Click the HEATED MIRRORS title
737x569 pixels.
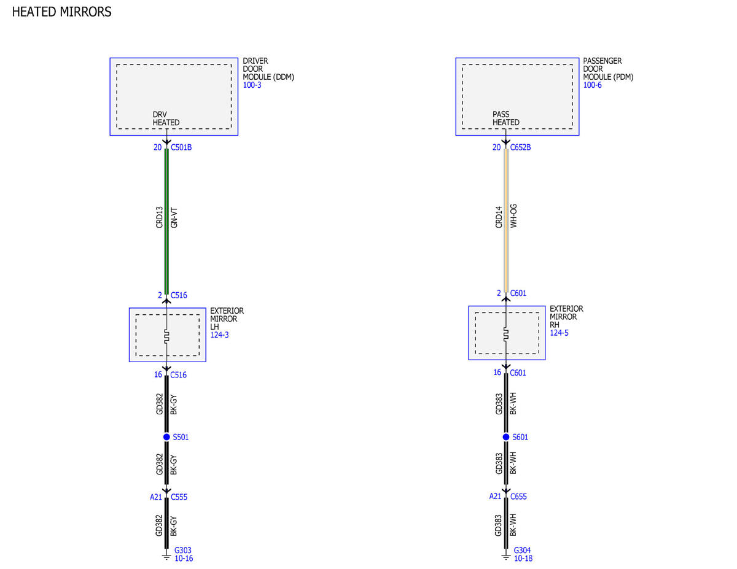pyautogui.click(x=62, y=12)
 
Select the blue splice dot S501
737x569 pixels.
pyautogui.click(x=166, y=437)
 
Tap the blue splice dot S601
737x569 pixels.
pyautogui.click(x=506, y=437)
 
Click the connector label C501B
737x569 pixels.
pyautogui.click(x=181, y=147)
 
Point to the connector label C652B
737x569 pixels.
pyautogui.click(x=521, y=147)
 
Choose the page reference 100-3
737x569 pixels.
pyautogui.click(x=252, y=85)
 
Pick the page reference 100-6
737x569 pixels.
pyautogui.click(x=592, y=85)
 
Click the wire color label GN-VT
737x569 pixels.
pyautogui.click(x=174, y=217)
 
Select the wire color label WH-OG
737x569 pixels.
pyautogui.click(x=513, y=216)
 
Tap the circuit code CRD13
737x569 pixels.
pyautogui.click(x=159, y=217)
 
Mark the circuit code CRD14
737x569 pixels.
pyautogui.click(x=499, y=217)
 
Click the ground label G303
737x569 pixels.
pyautogui.click(x=183, y=551)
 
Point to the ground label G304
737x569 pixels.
pyautogui.click(x=522, y=551)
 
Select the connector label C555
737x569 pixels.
pyautogui.click(x=179, y=497)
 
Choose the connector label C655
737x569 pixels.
pyautogui.click(x=518, y=497)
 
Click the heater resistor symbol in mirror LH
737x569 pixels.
pyautogui.click(x=166, y=336)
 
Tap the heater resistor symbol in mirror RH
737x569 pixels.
pyautogui.click(x=506, y=335)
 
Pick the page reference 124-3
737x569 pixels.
pyautogui.click(x=219, y=335)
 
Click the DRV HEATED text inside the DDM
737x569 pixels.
pyautogui.click(x=166, y=118)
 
